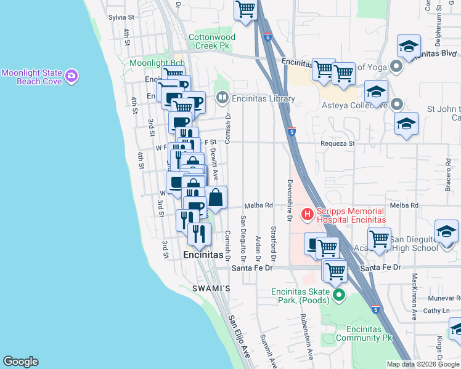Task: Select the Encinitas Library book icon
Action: click(222, 98)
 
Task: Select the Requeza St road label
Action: click(338, 143)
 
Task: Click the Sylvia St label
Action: click(121, 18)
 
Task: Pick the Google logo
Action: click(20, 362)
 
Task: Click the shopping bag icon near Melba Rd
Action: click(216, 199)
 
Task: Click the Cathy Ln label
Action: click(434, 311)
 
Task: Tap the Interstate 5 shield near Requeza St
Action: click(291, 132)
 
